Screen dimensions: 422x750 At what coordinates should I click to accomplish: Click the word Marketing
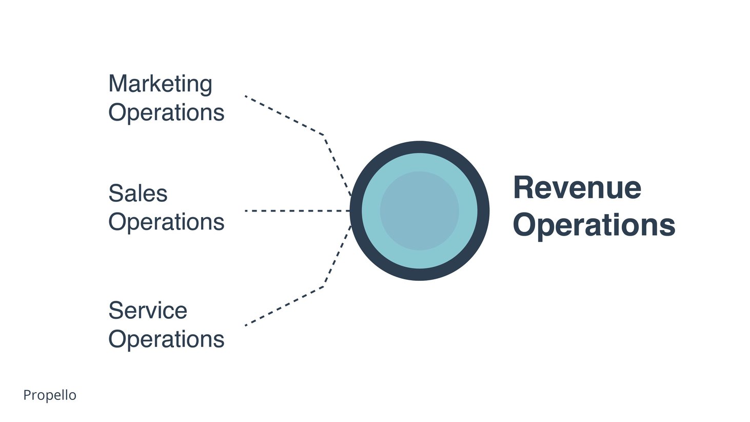160,84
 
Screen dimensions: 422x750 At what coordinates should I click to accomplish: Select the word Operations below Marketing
166,112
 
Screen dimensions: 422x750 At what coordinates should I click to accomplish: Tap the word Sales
138,194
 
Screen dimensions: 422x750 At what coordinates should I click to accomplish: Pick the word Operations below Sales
166,222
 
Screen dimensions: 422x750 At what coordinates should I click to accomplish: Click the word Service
148,311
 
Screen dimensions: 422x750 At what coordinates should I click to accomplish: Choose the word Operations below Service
166,339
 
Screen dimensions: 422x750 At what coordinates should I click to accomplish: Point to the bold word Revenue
577,188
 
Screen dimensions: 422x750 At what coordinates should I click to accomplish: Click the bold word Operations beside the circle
594,225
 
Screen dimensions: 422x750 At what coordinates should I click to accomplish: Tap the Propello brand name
50,395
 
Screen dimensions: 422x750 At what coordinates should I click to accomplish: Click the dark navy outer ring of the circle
420,147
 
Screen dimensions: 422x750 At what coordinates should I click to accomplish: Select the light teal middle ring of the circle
420,162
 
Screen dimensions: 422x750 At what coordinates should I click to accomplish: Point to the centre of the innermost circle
420,211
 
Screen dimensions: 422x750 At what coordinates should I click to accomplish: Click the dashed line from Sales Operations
298,211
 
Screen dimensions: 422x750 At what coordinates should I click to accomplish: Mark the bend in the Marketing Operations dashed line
324,136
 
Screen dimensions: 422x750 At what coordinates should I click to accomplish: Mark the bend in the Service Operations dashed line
324,286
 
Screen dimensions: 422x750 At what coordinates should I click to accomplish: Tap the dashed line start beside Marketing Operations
246,97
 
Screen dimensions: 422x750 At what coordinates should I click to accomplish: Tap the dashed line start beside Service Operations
246,325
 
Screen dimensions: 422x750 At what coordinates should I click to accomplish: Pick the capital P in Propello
28,395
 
